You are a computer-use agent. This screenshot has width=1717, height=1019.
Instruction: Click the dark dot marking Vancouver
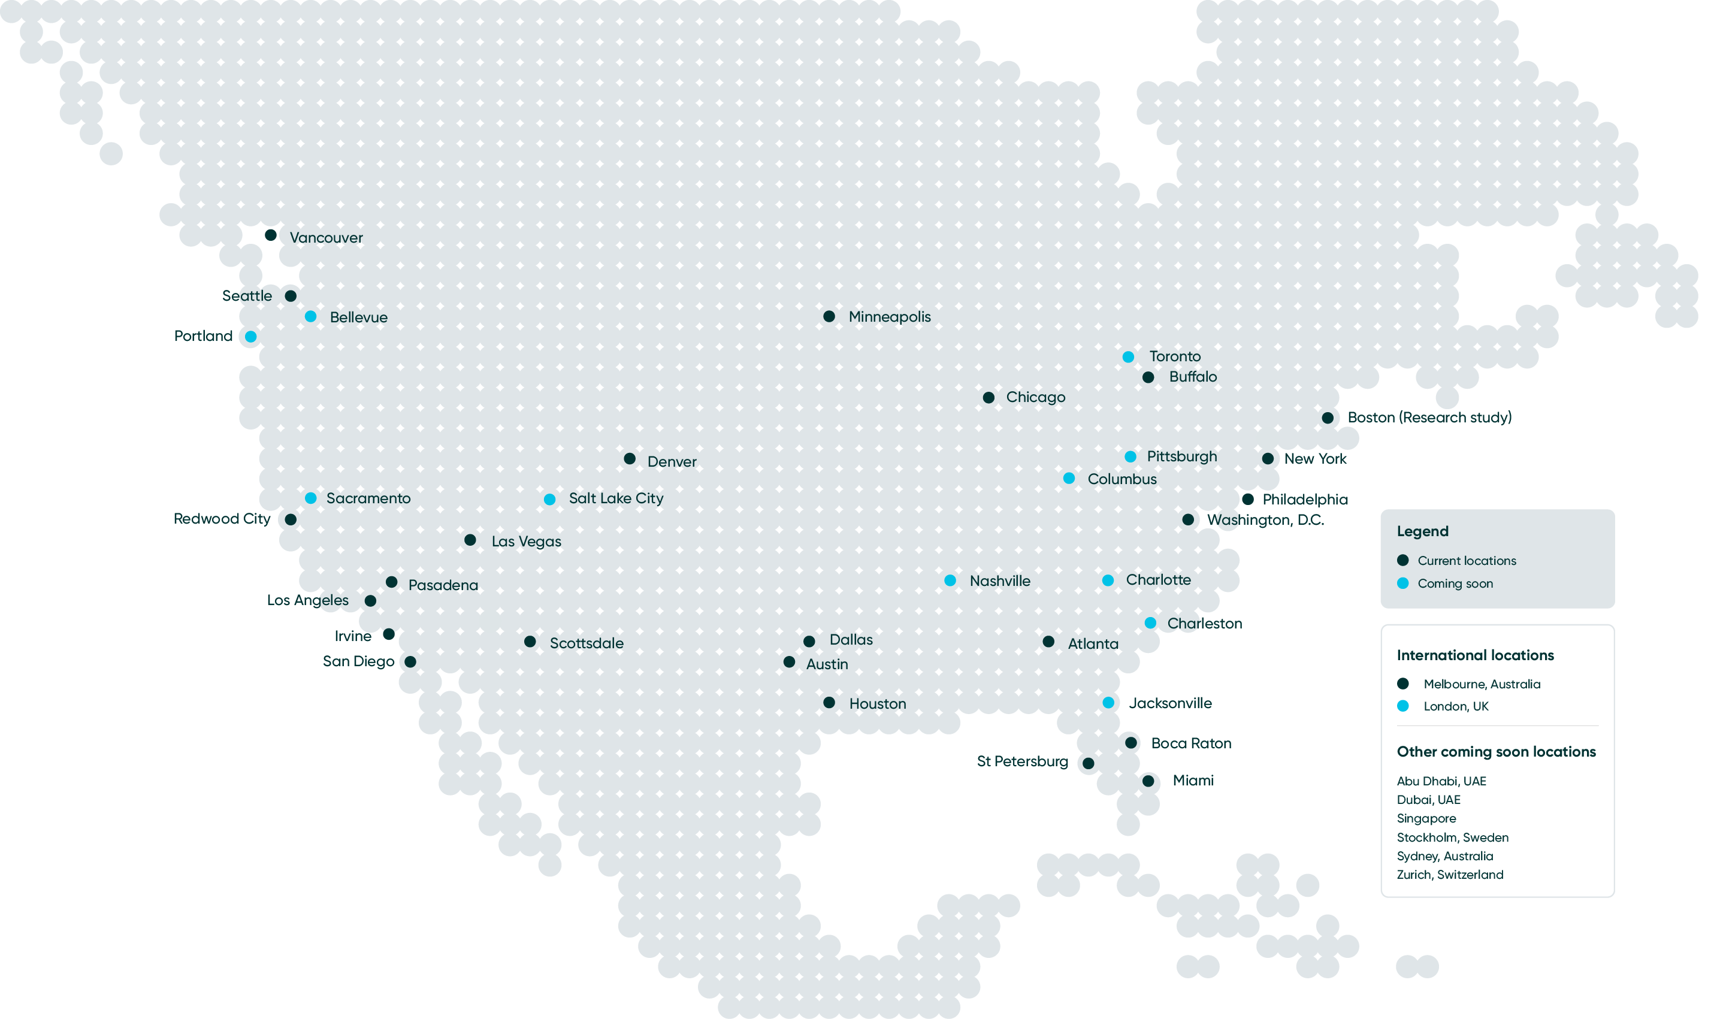click(271, 235)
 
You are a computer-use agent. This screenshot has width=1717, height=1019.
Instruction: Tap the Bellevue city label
click(358, 318)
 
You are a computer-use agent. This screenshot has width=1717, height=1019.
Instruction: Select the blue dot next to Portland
click(250, 337)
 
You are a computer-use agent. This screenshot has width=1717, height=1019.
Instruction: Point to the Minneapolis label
click(889, 316)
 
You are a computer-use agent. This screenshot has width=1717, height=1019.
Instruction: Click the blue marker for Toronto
click(1128, 357)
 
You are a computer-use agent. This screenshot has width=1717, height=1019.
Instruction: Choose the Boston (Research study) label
click(1429, 418)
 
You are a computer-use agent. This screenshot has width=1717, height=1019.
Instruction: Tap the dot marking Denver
click(630, 459)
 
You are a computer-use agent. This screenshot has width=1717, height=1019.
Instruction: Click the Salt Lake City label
click(616, 498)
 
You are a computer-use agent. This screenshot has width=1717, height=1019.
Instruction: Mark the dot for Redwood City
click(291, 520)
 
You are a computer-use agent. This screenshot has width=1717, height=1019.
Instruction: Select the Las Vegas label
click(526, 542)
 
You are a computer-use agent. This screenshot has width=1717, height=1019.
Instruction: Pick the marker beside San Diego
click(410, 662)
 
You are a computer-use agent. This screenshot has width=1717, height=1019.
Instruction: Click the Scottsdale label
click(587, 643)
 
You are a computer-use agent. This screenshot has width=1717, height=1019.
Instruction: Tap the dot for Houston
click(829, 703)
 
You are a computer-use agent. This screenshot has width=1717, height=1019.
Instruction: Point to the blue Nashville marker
click(950, 581)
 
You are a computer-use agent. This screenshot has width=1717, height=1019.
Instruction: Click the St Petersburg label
click(1022, 761)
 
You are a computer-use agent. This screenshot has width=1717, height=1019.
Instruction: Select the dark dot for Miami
click(1148, 781)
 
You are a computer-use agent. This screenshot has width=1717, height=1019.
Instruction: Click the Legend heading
click(1422, 531)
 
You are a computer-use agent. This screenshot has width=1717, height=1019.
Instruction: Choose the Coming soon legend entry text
click(1455, 583)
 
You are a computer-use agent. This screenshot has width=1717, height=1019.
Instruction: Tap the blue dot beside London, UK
click(1402, 706)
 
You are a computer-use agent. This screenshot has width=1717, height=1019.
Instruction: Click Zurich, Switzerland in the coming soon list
click(1449, 875)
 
